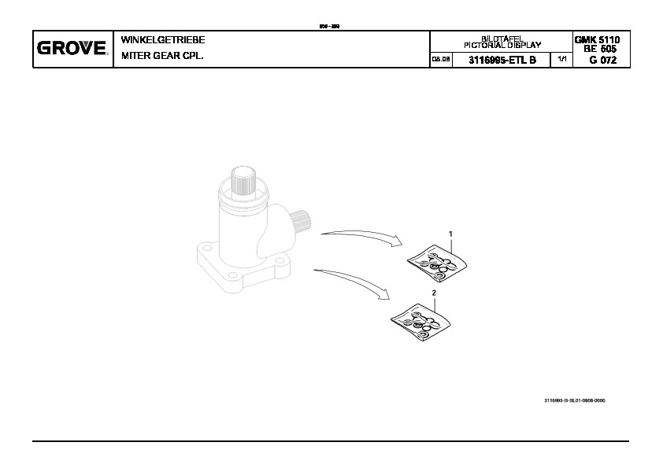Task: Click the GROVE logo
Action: (x=72, y=49)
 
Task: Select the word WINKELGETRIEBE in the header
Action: (x=162, y=39)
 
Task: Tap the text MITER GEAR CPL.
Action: (x=162, y=56)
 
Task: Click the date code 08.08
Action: (x=440, y=60)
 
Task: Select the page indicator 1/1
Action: (x=561, y=60)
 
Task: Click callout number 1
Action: (x=450, y=234)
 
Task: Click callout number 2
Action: (x=434, y=292)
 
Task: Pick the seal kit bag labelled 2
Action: (x=422, y=320)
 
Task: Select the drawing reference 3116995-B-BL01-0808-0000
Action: (x=574, y=400)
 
